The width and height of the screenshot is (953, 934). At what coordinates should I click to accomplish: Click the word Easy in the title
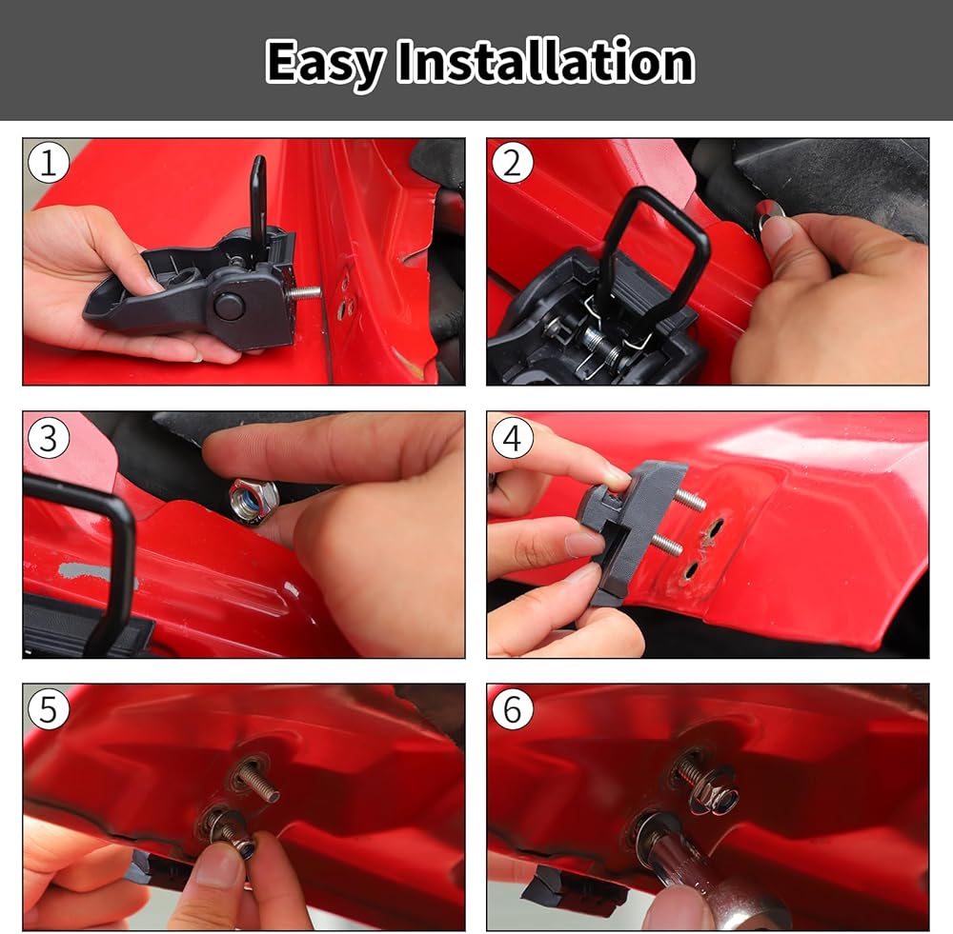(x=325, y=63)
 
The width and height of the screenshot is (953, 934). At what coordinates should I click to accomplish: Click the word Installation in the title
(x=545, y=61)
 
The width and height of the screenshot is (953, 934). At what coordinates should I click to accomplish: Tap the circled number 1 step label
(x=49, y=163)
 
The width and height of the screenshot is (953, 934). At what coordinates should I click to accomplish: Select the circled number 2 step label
(x=513, y=163)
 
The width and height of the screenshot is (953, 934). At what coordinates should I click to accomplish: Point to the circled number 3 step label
(x=49, y=437)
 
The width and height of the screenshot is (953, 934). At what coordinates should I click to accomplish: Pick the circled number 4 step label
(x=513, y=437)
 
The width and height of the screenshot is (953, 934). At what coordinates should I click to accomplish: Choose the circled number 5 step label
(x=49, y=709)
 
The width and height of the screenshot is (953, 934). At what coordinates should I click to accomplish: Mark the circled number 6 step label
(x=513, y=709)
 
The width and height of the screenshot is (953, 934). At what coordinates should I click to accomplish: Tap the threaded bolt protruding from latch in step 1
(x=303, y=292)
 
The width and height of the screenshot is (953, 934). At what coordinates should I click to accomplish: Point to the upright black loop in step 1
(x=258, y=200)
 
